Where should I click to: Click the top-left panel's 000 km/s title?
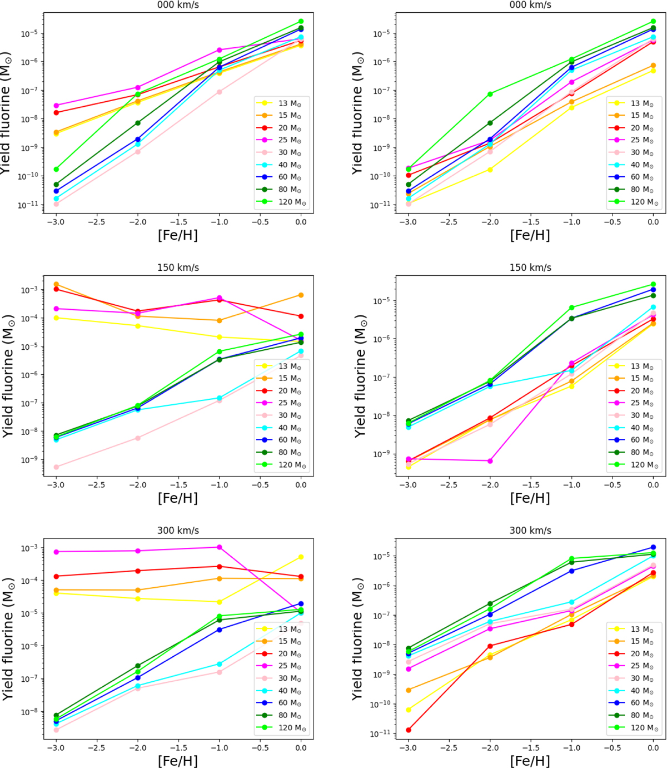178,5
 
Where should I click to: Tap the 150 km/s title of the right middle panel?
530,267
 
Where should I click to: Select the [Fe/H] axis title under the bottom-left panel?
178,760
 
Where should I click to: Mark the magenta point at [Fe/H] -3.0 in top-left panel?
56,106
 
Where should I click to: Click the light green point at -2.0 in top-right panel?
490,94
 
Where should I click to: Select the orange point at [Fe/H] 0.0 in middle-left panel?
301,295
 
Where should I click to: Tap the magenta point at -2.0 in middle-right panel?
490,461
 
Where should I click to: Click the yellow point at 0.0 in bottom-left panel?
301,557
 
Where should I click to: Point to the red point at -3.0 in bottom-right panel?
409,730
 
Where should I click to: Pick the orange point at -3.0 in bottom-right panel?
409,690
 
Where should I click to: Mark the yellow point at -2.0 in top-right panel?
490,169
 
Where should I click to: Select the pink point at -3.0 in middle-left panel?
56,467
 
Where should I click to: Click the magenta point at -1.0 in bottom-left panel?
219,547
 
